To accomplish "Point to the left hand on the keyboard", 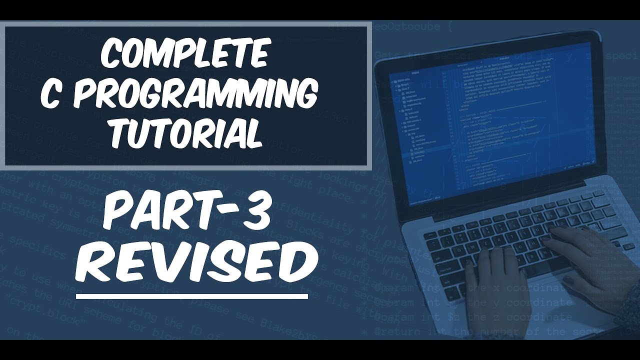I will pyautogui.click(x=490, y=280).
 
